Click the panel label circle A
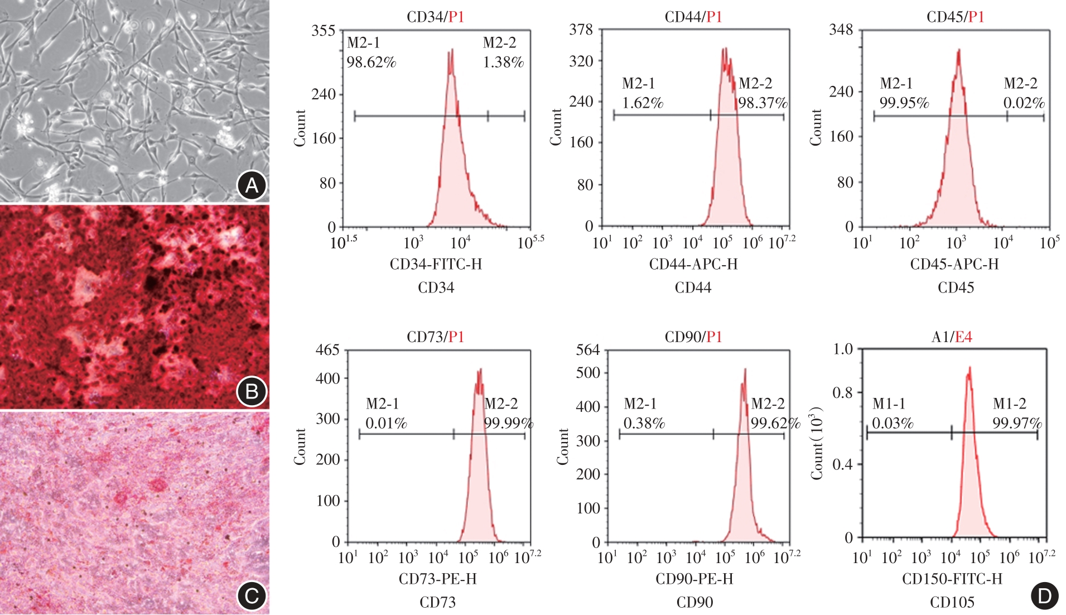coord(252,185)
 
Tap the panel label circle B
coord(252,391)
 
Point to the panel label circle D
coord(1044,595)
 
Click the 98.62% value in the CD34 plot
coord(371,62)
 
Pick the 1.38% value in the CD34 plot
coord(503,62)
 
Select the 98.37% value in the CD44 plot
coord(763,103)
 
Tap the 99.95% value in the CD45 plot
coord(904,103)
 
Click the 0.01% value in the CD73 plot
coord(386,423)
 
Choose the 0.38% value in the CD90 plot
coord(644,423)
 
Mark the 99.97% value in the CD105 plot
coord(1017,423)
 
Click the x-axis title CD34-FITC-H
coord(436,264)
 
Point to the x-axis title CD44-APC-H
coord(693,264)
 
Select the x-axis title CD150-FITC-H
coord(952,579)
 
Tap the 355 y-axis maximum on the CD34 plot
coord(323,31)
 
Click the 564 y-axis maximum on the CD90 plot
coord(587,350)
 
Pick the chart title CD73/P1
coord(435,337)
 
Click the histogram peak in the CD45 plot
coord(958,51)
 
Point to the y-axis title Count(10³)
coord(817,443)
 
